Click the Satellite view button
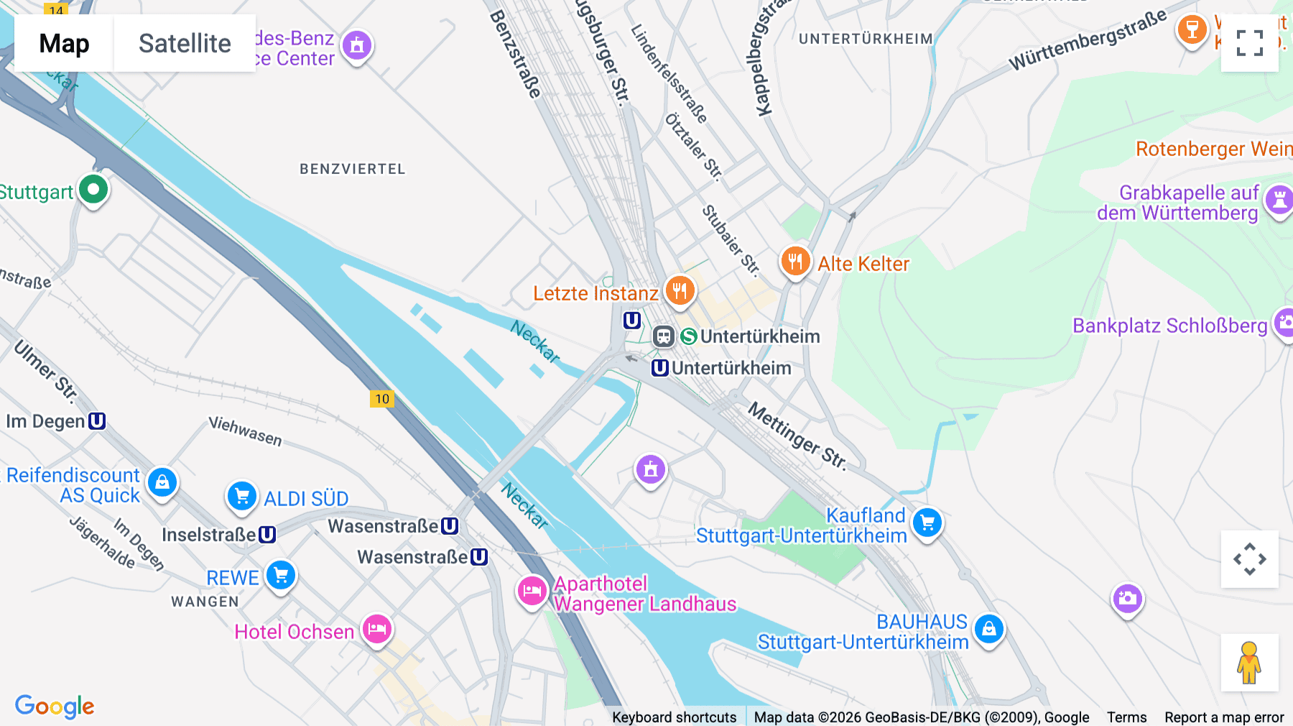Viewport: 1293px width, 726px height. pyautogui.click(x=185, y=43)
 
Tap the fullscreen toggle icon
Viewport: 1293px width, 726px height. pyautogui.click(x=1249, y=43)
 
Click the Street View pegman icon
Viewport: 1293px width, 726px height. pyautogui.click(x=1249, y=663)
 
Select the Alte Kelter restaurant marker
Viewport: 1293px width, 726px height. pyautogui.click(x=795, y=262)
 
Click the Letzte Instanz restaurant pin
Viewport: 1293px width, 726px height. pyautogui.click(x=680, y=290)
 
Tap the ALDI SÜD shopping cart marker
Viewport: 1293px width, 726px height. pyautogui.click(x=242, y=496)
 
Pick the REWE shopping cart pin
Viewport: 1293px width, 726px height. pyautogui.click(x=281, y=575)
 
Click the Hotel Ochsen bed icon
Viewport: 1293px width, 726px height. pyautogui.click(x=377, y=630)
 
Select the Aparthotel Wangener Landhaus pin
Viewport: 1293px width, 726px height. pyautogui.click(x=532, y=592)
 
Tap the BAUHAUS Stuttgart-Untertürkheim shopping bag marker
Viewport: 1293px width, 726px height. pyautogui.click(x=989, y=629)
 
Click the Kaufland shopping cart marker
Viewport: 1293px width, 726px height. pyautogui.click(x=927, y=523)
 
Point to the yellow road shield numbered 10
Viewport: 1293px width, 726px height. pyautogui.click(x=382, y=399)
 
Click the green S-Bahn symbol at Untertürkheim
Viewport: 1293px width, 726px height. pyautogui.click(x=689, y=336)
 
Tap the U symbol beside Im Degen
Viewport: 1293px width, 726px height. pyautogui.click(x=97, y=421)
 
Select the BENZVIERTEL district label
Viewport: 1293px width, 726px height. pyautogui.click(x=353, y=169)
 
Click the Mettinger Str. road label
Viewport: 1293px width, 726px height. pyautogui.click(x=797, y=436)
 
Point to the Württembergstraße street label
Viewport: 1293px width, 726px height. pyautogui.click(x=1088, y=40)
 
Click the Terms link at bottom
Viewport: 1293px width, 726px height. pyautogui.click(x=1126, y=717)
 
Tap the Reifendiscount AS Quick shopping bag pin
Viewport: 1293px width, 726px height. pyautogui.click(x=162, y=482)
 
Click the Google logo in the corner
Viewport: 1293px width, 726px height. pyautogui.click(x=55, y=706)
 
